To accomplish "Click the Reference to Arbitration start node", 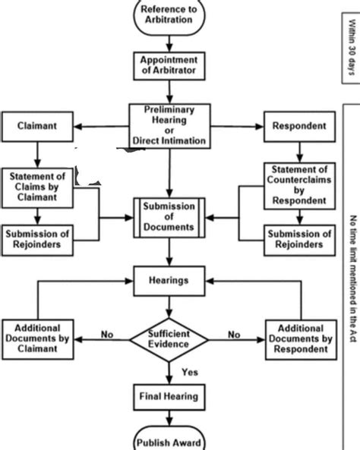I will tap(169, 15).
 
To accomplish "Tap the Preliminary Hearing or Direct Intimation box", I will tap(169, 126).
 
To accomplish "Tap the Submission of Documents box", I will tap(169, 218).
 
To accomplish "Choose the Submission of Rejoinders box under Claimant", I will tap(37, 238).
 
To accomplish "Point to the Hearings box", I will tap(169, 280).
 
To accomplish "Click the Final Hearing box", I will tap(169, 395).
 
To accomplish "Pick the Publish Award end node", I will tap(169, 440).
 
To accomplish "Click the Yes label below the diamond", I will tap(190, 371).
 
